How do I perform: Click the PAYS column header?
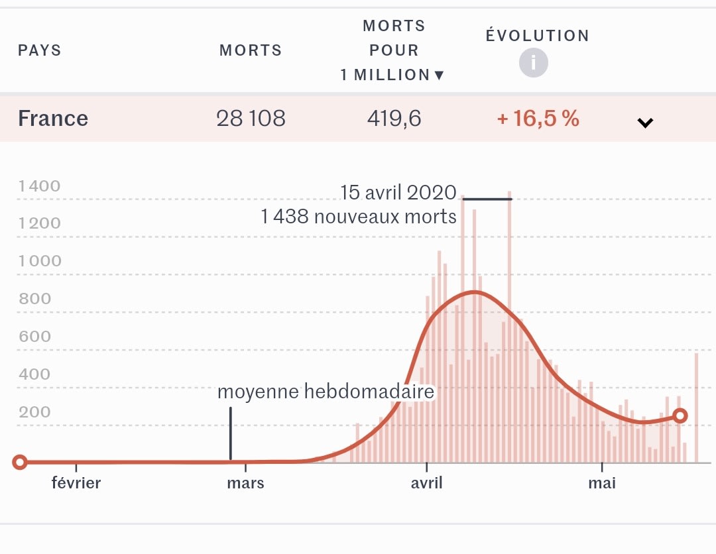[39, 51]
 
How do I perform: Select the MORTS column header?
[251, 51]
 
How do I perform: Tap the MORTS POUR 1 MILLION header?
[392, 51]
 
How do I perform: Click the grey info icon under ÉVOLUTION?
[534, 64]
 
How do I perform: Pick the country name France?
[53, 119]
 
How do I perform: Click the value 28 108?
[251, 119]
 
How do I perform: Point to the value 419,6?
[394, 119]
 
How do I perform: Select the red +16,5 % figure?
[538, 119]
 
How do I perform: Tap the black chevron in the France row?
[645, 122]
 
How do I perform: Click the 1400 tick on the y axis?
[40, 186]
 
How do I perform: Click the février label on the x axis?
[76, 483]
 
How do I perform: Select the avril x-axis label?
[426, 483]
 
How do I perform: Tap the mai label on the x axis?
[602, 483]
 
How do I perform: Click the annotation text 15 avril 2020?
[398, 193]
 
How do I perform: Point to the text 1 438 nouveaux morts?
[359, 217]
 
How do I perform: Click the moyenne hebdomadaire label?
[326, 392]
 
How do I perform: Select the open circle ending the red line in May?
[680, 415]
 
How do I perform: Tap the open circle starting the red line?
[20, 462]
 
